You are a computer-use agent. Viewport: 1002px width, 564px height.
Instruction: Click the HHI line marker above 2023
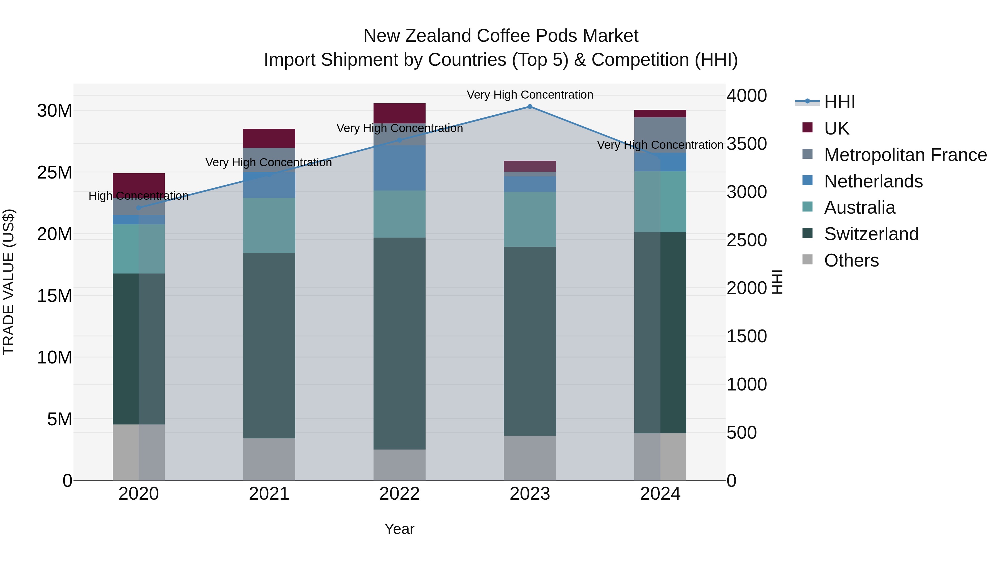(x=530, y=107)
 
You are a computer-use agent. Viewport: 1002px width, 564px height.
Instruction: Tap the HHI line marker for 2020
(x=139, y=208)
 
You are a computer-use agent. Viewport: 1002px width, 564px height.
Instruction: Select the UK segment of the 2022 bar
(x=399, y=113)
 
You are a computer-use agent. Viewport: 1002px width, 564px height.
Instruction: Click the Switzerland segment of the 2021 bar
(x=269, y=346)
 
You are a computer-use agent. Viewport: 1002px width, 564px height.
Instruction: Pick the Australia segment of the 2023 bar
(x=530, y=219)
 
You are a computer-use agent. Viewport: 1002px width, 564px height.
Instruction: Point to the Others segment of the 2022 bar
(x=399, y=465)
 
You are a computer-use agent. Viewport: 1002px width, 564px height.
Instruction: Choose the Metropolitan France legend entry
(x=905, y=155)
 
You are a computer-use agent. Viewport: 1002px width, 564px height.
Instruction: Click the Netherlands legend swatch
(x=807, y=180)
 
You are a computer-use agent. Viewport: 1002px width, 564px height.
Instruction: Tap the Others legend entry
(x=851, y=260)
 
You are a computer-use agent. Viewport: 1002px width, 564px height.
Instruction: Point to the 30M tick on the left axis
(x=55, y=111)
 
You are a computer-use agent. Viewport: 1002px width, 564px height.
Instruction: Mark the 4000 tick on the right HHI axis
(x=747, y=96)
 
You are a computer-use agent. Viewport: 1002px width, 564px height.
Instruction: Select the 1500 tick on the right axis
(x=747, y=336)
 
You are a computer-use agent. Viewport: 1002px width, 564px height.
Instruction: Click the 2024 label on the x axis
(x=660, y=494)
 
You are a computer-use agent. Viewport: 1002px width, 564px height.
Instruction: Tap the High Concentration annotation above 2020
(x=139, y=196)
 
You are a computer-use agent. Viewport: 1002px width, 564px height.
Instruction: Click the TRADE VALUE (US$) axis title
(x=9, y=282)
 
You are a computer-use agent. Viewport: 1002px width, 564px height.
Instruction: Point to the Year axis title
(x=399, y=529)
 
